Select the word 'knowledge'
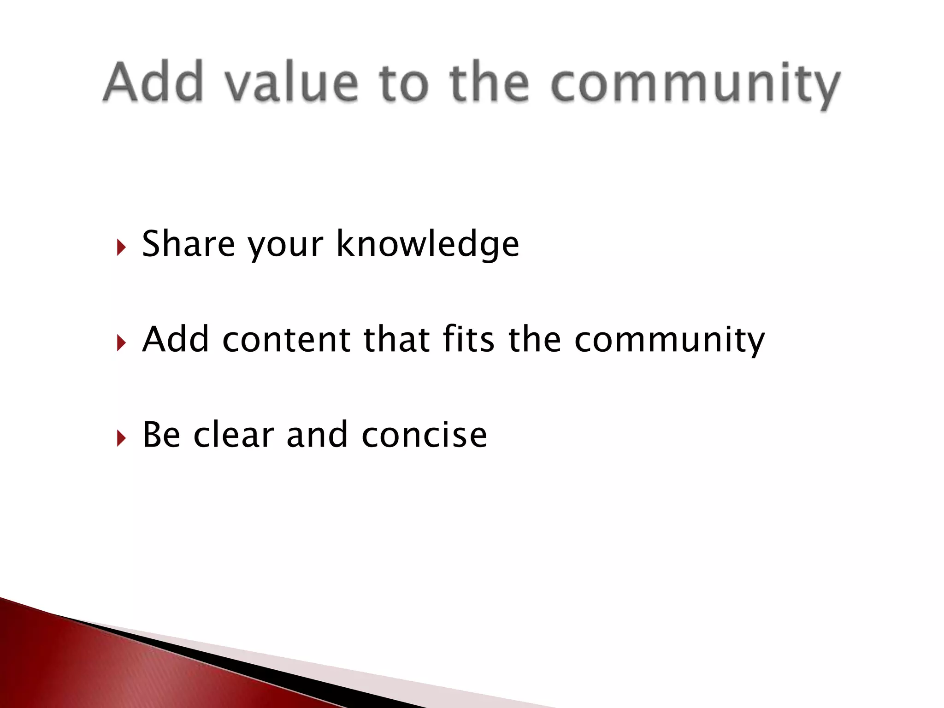pyautogui.click(x=428, y=244)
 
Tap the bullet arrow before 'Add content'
pyautogui.click(x=121, y=343)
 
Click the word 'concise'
pyautogui.click(x=424, y=435)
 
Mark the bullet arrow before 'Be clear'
pyautogui.click(x=121, y=438)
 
